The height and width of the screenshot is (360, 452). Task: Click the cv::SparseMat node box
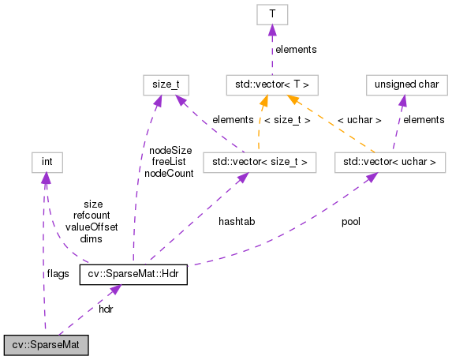pos(46,345)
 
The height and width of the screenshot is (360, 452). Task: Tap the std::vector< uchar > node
pos(390,163)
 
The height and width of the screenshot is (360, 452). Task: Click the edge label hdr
pos(106,309)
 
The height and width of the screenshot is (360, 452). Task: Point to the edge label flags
pos(58,273)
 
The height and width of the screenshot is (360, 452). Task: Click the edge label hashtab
pos(237,222)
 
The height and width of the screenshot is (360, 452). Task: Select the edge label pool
pos(350,222)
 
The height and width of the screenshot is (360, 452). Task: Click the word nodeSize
pos(170,150)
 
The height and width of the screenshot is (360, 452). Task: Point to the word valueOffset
pos(92,227)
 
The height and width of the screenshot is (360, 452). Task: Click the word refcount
pos(92,215)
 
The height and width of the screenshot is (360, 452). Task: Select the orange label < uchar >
pos(359,120)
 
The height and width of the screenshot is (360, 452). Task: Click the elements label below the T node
pos(296,49)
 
